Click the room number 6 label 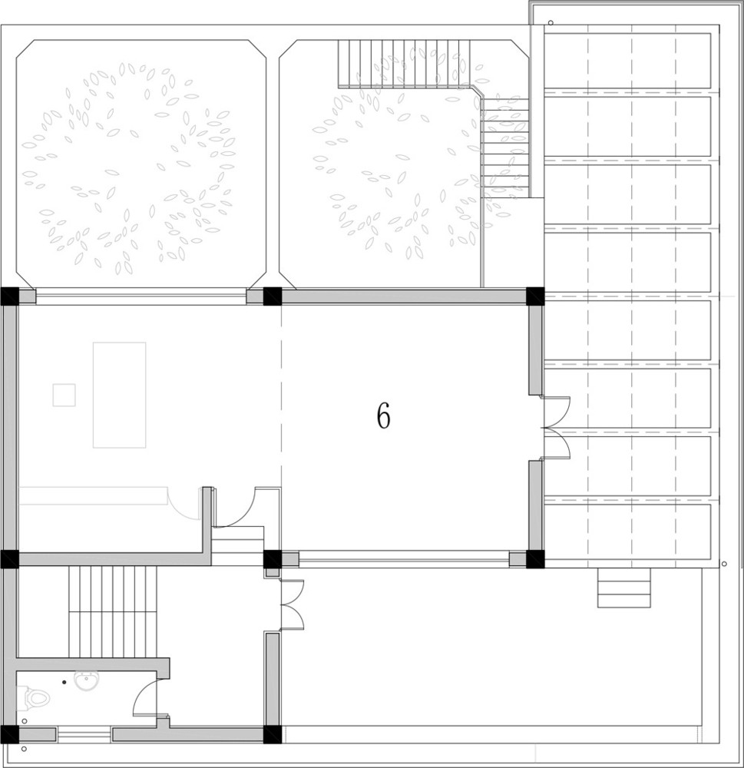[383, 417]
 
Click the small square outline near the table [64, 396]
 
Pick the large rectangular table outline [120, 395]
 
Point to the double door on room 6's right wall [557, 428]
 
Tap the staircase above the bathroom [113, 613]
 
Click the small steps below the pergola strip [624, 588]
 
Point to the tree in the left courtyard [131, 167]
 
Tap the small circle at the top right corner [551, 22]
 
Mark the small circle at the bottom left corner [24, 749]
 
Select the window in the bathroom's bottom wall [84, 735]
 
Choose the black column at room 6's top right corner [535, 296]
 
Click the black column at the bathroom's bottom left [10, 734]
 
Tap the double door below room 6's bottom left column [292, 604]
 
